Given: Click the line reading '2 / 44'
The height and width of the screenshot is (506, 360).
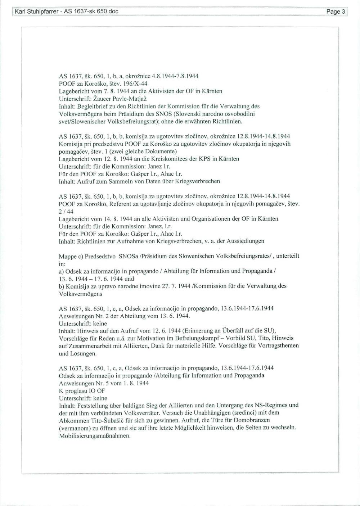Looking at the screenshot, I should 66,211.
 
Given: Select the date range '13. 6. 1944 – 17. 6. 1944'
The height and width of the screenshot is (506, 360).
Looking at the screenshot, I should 92,279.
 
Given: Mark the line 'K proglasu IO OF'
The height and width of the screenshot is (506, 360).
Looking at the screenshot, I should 82,390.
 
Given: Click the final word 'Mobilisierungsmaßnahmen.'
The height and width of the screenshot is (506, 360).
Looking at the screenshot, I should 94,435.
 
